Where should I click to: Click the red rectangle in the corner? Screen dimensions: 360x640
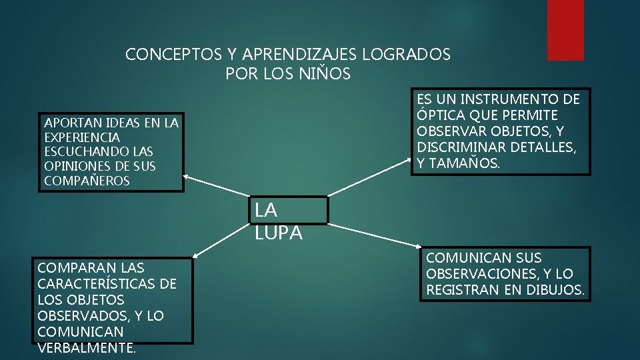click(x=565, y=29)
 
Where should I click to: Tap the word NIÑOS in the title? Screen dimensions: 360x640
click(x=325, y=74)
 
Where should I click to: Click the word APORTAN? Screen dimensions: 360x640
click(x=69, y=123)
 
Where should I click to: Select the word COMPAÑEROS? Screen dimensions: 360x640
click(x=87, y=181)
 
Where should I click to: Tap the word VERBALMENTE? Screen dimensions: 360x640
click(x=87, y=347)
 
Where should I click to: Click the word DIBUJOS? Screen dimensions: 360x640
click(x=553, y=290)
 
